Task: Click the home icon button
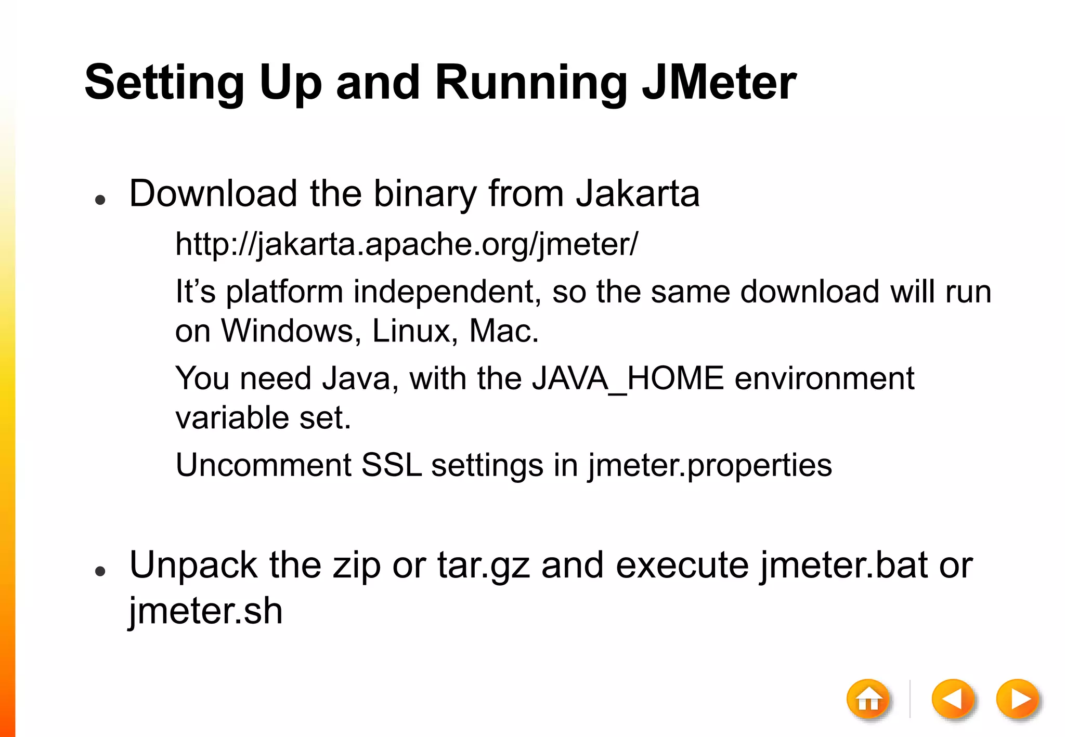pyautogui.click(x=868, y=700)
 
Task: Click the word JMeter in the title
pyautogui.click(x=719, y=82)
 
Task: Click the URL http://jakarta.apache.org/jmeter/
pyautogui.click(x=406, y=244)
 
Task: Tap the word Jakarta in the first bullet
pyautogui.click(x=638, y=193)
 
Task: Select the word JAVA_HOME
pyautogui.click(x=628, y=378)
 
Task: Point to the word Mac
pyautogui.click(x=503, y=331)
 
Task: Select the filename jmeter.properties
pyautogui.click(x=710, y=465)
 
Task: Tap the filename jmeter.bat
pyautogui.click(x=843, y=565)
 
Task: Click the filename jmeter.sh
pyautogui.click(x=206, y=611)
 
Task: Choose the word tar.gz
pyautogui.click(x=484, y=565)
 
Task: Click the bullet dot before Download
pyautogui.click(x=101, y=200)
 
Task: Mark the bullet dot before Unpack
pyautogui.click(x=101, y=571)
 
